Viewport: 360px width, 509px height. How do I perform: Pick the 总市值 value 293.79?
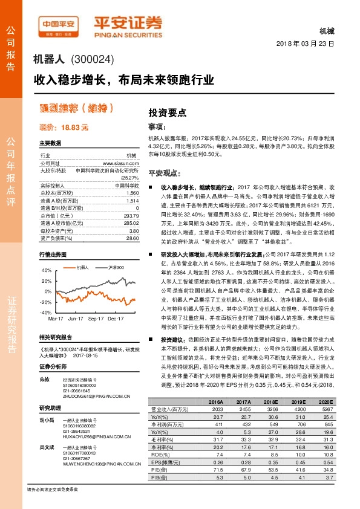[131, 215]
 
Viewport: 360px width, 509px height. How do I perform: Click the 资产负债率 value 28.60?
[133, 239]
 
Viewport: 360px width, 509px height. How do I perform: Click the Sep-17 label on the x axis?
[96, 317]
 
